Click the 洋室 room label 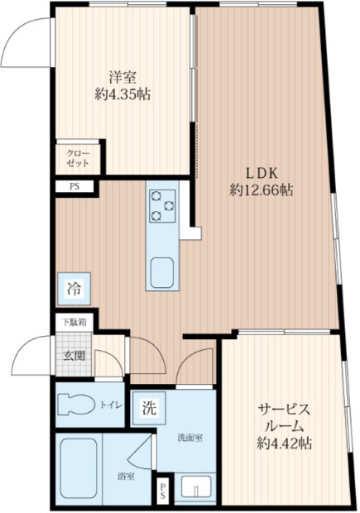pos(122,79)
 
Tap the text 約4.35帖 pos(122,95)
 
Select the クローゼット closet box pos(78,158)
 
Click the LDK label pos(262,173)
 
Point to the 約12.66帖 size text pos(262,191)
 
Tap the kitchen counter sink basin pos(161,272)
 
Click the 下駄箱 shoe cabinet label pos(74,321)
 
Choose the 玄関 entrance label pos(74,357)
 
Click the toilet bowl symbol pos(80,405)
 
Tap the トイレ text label pos(113,405)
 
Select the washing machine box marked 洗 pos(148,407)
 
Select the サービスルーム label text pos(283,418)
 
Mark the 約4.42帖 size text pos(283,444)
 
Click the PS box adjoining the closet pos(74,187)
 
